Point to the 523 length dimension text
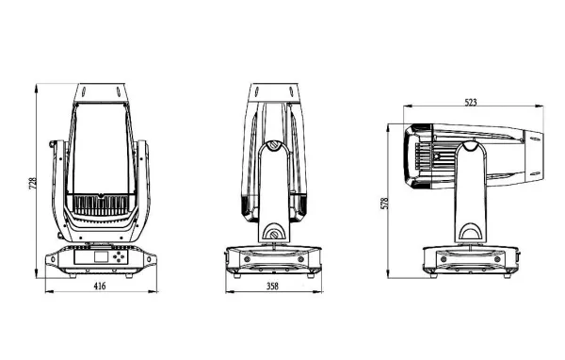click(x=476, y=102)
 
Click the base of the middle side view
click(x=273, y=259)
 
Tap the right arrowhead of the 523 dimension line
click(x=543, y=110)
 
